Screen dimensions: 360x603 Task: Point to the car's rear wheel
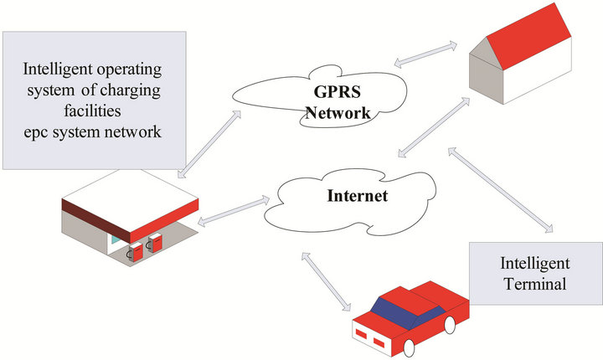(x=451, y=324)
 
